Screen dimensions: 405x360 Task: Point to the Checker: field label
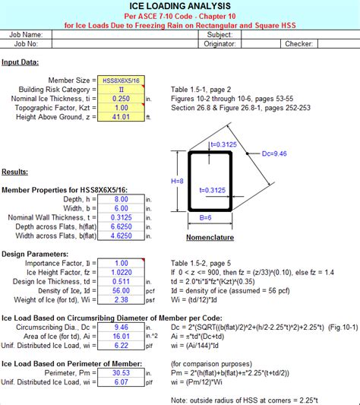point(298,44)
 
